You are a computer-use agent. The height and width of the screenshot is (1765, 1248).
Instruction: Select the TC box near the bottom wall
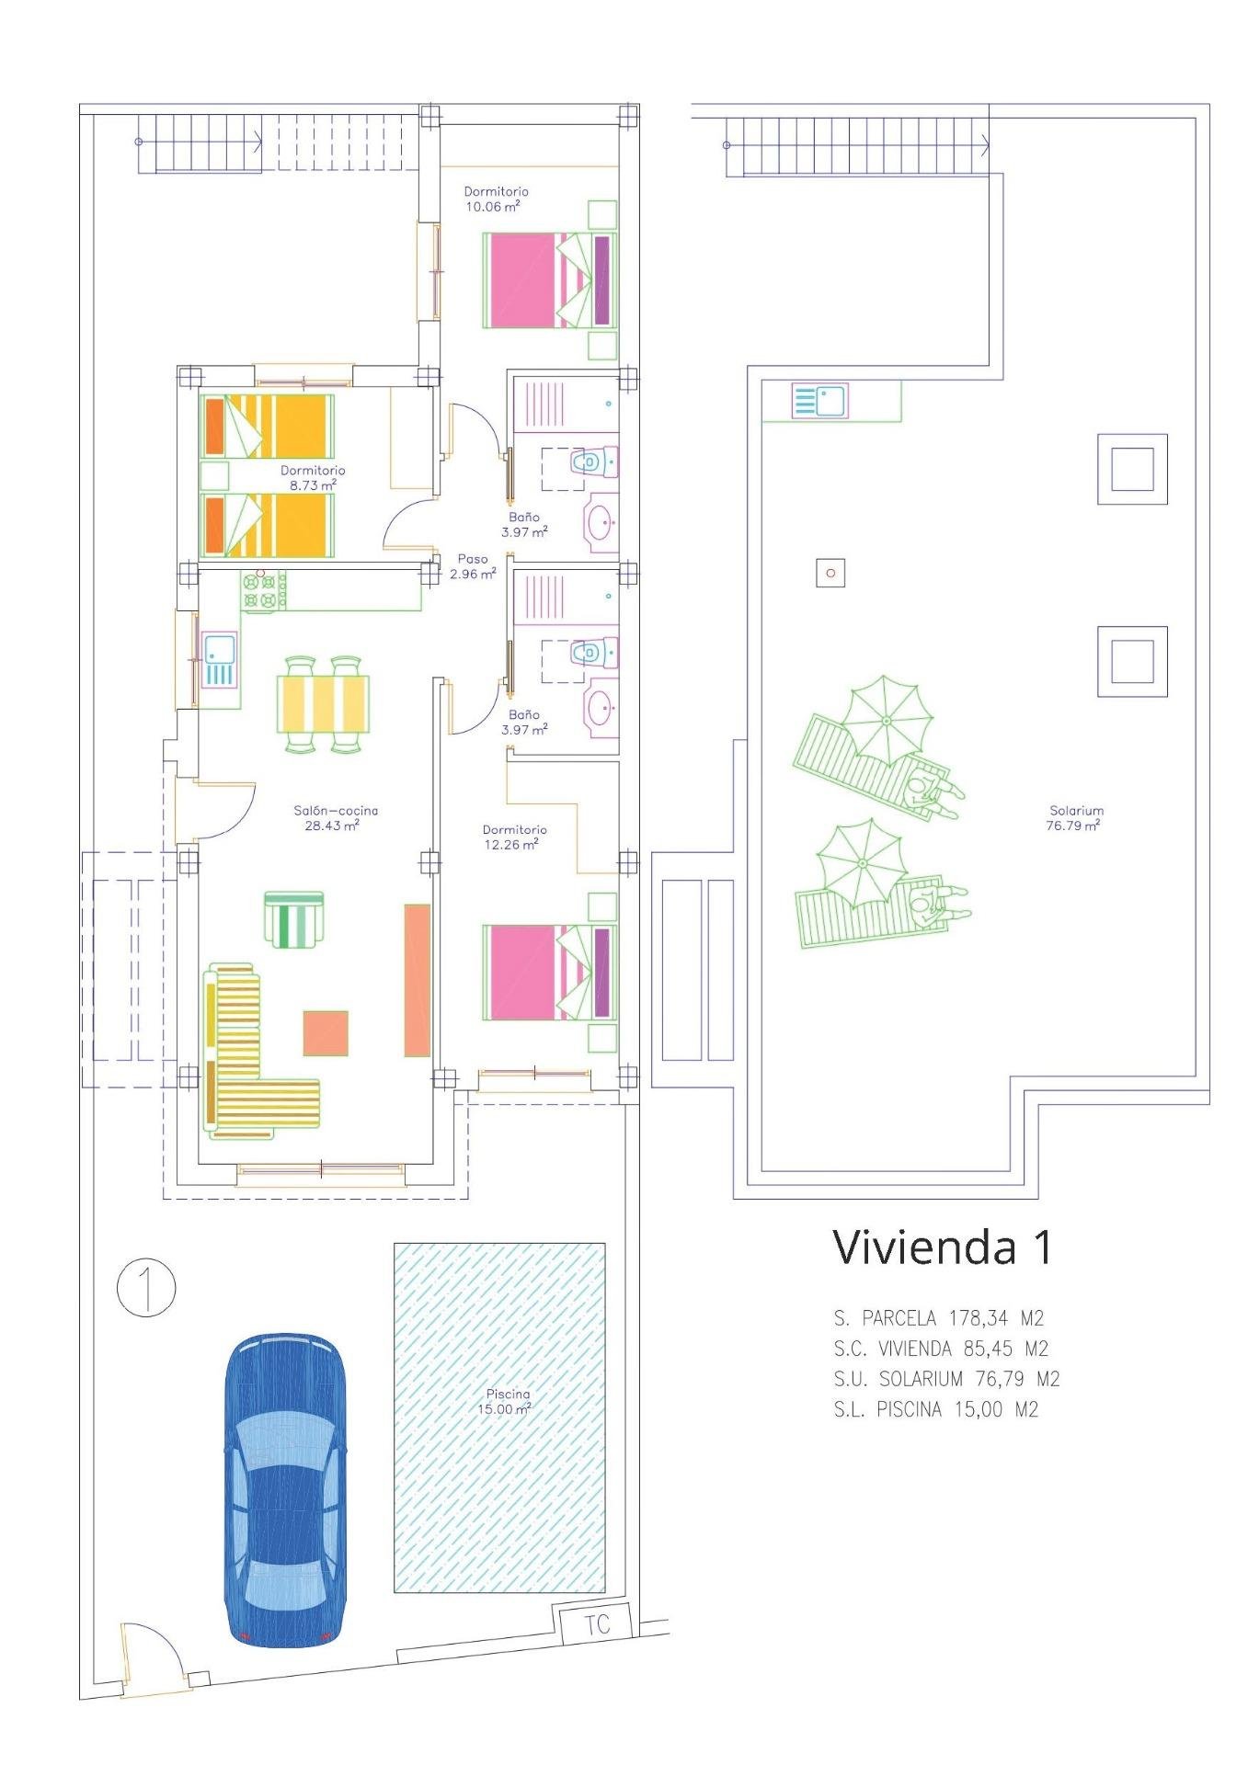[597, 1624]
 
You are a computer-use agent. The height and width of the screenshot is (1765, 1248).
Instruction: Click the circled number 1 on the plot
[146, 1287]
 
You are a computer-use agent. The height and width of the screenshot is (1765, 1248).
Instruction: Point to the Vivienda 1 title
[941, 1247]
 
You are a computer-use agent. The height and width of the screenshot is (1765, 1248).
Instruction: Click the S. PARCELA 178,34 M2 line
[938, 1318]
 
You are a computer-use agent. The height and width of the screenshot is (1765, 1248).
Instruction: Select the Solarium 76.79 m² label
[1074, 817]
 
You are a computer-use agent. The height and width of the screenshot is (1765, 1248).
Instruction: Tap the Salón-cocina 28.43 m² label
[335, 817]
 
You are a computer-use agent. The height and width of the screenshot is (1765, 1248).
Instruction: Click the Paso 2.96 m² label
[473, 565]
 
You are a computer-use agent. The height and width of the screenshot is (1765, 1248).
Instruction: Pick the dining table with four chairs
[323, 704]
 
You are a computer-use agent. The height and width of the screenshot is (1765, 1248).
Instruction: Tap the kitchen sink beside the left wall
[219, 659]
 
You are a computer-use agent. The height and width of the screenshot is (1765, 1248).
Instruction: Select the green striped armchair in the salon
[294, 918]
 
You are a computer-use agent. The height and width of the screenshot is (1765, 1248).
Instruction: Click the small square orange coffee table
[326, 1033]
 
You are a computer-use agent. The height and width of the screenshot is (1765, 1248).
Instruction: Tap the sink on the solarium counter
[819, 402]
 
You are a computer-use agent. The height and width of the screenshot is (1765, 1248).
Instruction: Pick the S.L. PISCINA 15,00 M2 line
[936, 1409]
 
